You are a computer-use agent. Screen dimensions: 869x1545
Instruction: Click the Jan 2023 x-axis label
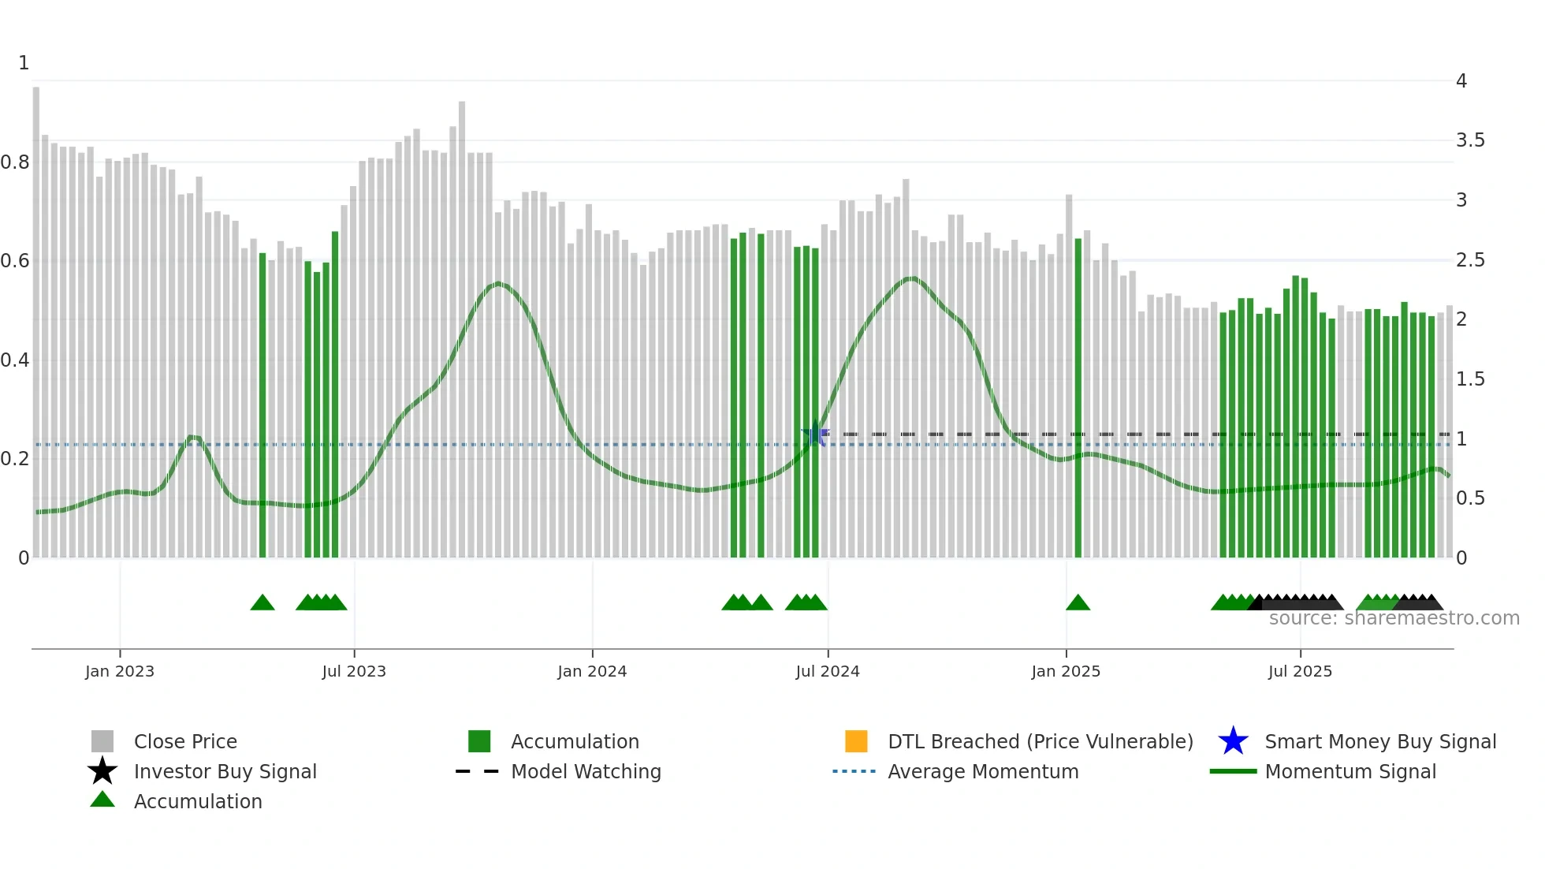(x=120, y=671)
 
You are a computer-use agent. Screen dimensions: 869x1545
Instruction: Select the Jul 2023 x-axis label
(x=354, y=671)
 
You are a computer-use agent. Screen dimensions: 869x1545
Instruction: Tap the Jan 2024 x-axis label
(x=592, y=671)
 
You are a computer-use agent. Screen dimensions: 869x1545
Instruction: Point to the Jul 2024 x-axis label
(x=828, y=671)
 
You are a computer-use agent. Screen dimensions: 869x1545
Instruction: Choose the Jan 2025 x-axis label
(x=1066, y=671)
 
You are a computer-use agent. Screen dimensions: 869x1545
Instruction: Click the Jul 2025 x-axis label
(x=1300, y=671)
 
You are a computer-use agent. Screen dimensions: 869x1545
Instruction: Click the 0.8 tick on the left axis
(x=15, y=162)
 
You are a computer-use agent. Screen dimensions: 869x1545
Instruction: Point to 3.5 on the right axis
(x=1470, y=140)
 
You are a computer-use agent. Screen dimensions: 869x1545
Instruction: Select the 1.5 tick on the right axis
(x=1470, y=379)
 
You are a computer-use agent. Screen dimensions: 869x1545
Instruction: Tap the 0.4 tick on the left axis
(x=15, y=360)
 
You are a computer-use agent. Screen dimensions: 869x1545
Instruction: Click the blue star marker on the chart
(x=815, y=434)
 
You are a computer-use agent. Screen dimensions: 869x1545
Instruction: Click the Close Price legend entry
(x=185, y=741)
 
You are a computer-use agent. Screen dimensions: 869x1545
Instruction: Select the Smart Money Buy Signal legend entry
(x=1379, y=741)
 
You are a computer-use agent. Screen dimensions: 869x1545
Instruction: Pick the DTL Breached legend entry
(x=1040, y=741)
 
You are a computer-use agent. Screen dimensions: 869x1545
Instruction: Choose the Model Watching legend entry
(x=586, y=771)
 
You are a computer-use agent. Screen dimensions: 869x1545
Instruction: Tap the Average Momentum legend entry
(x=983, y=771)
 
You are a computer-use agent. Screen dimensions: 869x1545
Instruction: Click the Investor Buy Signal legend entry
(x=225, y=771)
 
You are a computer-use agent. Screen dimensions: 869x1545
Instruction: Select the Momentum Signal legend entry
(x=1350, y=771)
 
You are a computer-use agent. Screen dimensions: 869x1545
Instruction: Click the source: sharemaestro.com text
(x=1394, y=618)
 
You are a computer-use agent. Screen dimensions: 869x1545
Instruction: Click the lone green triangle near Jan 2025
(x=1078, y=603)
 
